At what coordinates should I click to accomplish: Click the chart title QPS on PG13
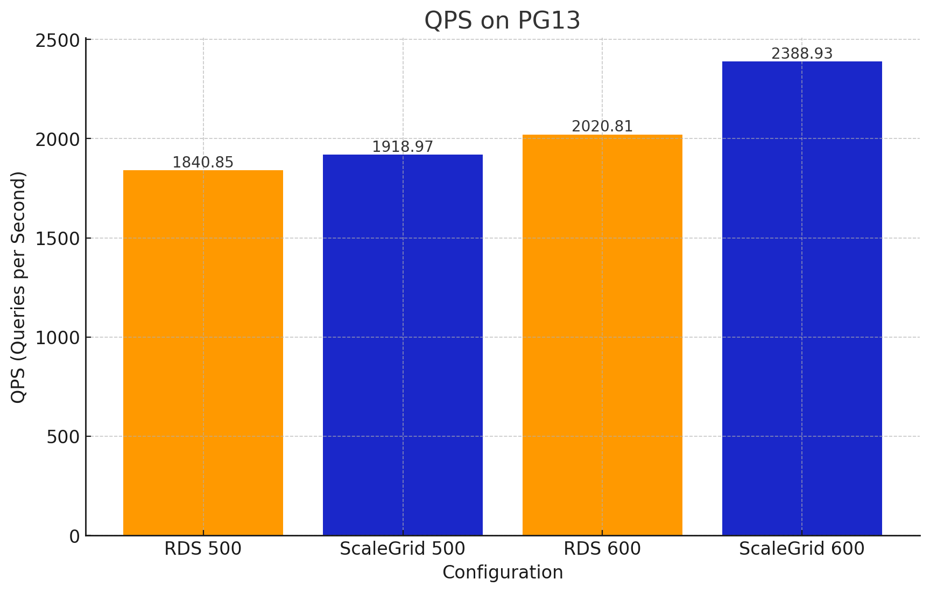502,21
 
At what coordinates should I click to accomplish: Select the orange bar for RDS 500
203,353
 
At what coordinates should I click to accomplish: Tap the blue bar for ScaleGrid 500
403,345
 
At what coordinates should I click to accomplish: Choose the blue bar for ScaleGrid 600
802,298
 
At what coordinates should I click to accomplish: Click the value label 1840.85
203,163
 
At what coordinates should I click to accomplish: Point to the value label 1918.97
403,147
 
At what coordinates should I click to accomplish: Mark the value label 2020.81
602,127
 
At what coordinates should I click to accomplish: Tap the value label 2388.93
802,54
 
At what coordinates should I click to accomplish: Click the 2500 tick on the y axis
57,40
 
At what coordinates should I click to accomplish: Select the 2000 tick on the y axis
57,139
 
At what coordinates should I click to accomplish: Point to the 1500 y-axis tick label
57,239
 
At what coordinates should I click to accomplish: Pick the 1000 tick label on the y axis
57,338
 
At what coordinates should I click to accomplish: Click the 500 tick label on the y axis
63,437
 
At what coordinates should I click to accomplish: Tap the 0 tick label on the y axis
75,536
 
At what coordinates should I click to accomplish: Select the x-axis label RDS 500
203,549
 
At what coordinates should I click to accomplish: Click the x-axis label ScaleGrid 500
403,549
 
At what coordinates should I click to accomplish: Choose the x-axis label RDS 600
602,549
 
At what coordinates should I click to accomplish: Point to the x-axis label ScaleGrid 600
802,549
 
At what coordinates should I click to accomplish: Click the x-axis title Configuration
503,573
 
